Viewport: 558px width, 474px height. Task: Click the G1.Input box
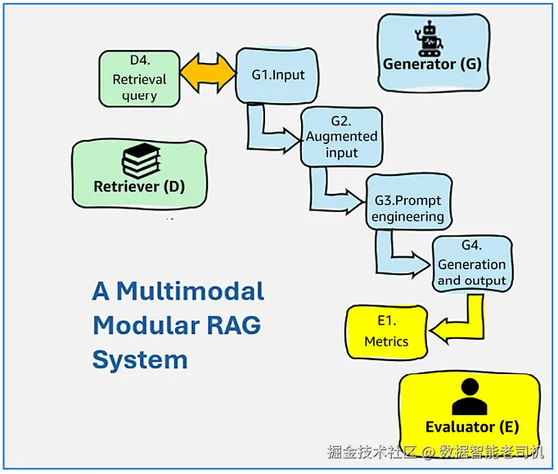coord(277,75)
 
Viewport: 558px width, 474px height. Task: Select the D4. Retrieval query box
coord(139,79)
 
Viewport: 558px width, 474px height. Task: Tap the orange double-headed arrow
coord(208,74)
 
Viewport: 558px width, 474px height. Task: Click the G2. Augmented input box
coord(341,137)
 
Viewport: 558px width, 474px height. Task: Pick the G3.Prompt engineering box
coord(408,202)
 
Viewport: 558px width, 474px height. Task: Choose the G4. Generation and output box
coord(472,264)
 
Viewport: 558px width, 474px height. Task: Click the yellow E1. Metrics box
coord(386,332)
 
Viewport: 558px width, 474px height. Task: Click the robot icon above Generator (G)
coord(429,38)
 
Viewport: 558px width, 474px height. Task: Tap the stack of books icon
coord(141,160)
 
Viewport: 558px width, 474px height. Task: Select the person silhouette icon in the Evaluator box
coord(470,396)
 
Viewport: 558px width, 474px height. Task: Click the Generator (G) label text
coord(432,65)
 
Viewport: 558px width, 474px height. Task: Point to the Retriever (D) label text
coord(139,187)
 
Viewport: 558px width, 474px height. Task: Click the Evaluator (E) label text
coord(472,427)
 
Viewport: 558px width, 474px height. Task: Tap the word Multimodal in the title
coord(191,291)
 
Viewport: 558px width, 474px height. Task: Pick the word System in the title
coord(140,360)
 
